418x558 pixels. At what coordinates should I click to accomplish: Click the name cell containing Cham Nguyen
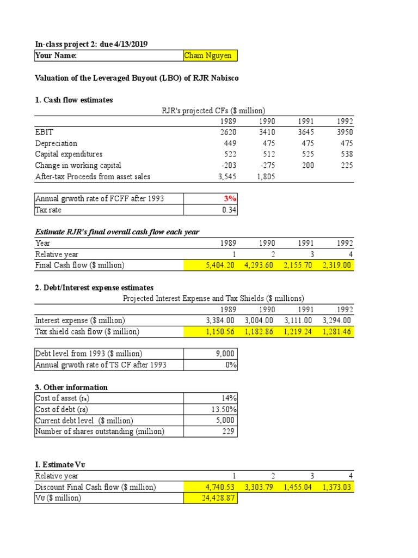pyautogui.click(x=210, y=56)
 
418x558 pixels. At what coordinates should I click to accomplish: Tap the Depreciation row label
pyautogui.click(x=56, y=143)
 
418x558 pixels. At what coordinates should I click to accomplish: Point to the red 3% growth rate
pyautogui.click(x=230, y=199)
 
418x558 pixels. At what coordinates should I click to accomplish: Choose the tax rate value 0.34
pyautogui.click(x=229, y=210)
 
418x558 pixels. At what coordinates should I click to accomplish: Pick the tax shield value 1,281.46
pyautogui.click(x=337, y=331)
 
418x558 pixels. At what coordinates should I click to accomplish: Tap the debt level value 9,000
pyautogui.click(x=227, y=354)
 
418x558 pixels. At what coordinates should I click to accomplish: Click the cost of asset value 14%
pyautogui.click(x=229, y=398)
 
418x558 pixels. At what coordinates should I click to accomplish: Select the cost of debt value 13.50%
pyautogui.click(x=224, y=409)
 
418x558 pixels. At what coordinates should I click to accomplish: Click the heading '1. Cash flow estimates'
pyautogui.click(x=74, y=100)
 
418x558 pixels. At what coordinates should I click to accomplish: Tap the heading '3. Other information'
pyautogui.click(x=71, y=387)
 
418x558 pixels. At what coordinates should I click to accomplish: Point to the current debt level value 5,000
pyautogui.click(x=227, y=421)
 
